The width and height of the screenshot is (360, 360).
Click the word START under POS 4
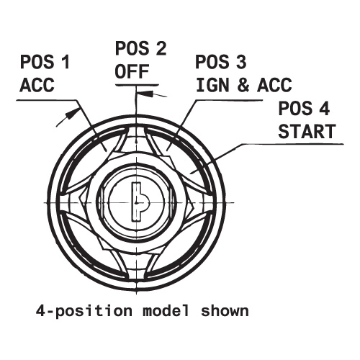pos(307,132)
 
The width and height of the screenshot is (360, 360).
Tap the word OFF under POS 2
pos(132,71)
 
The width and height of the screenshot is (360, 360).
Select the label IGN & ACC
pos(244,85)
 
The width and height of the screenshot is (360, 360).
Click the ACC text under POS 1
pos(37,85)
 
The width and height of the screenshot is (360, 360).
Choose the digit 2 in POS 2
pos(160,48)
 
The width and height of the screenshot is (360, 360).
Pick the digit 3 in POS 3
pos(240,62)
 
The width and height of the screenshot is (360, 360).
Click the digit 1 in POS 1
pos(65,62)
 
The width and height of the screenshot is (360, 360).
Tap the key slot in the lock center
pos(140,202)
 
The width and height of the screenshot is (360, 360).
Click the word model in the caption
pos(166,310)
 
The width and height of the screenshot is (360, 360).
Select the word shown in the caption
pos(225,310)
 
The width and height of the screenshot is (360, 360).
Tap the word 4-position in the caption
pos(84,311)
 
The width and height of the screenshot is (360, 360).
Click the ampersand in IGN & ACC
pos(243,85)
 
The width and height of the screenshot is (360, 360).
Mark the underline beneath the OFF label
pos(137,85)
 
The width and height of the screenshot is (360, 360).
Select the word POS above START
pos(295,108)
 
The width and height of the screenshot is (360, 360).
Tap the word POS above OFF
pos(132,48)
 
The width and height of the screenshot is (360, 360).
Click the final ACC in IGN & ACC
pos(274,85)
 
